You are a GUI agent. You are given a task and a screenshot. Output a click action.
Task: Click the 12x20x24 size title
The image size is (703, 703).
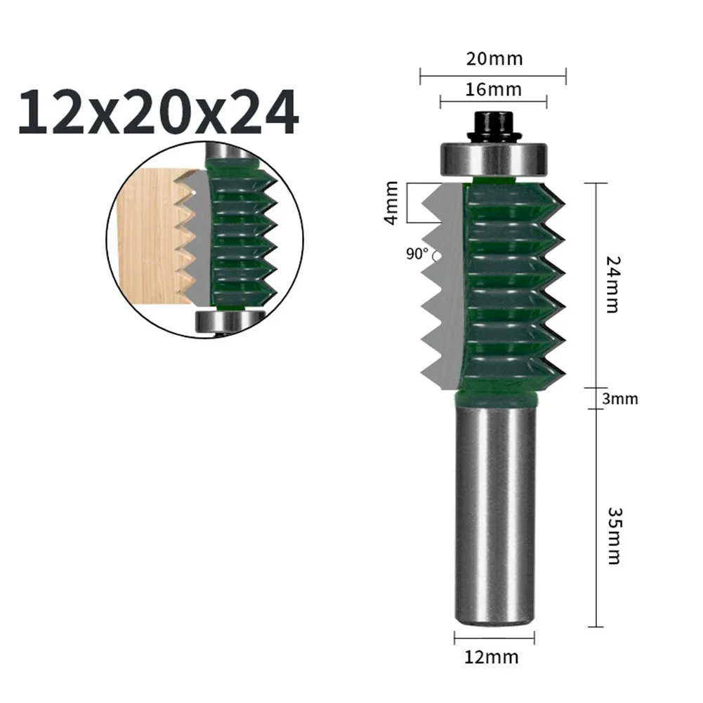point(157,112)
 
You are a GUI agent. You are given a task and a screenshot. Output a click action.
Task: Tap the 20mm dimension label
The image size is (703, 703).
point(494,58)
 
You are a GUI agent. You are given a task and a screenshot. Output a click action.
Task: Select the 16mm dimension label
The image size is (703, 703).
point(494,89)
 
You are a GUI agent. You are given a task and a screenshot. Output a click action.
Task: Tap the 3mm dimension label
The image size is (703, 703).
point(620,399)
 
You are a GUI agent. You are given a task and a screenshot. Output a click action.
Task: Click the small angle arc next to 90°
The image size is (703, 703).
point(436,258)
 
